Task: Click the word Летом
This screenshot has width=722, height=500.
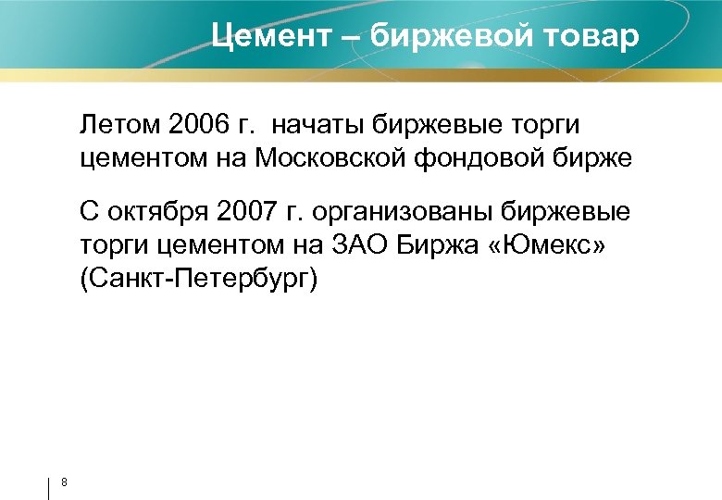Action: coord(118,125)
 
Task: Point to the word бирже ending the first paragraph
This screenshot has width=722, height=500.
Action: coord(597,158)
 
